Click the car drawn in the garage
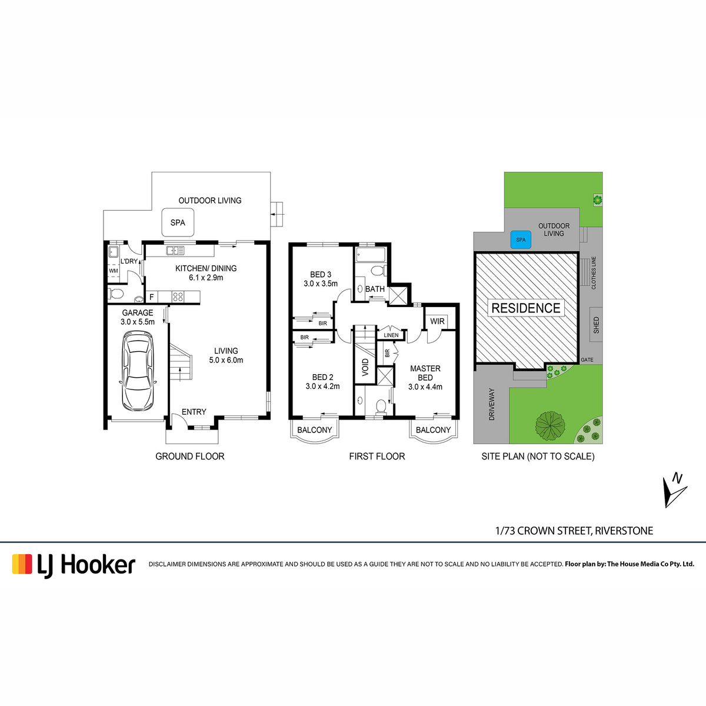point(138,371)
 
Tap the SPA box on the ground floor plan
point(178,222)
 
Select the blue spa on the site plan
point(521,239)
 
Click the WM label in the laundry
point(114,271)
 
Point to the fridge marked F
point(152,297)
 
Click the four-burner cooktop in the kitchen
point(178,297)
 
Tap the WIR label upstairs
point(438,321)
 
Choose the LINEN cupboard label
point(391,335)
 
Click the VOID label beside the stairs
point(365,368)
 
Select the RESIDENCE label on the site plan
point(526,308)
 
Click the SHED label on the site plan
point(596,325)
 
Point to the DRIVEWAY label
point(492,404)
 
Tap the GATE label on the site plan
point(587,360)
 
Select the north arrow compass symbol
point(675,491)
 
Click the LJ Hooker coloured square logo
point(22,564)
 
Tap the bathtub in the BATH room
point(371,255)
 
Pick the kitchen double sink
point(175,251)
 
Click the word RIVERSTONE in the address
point(624,531)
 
